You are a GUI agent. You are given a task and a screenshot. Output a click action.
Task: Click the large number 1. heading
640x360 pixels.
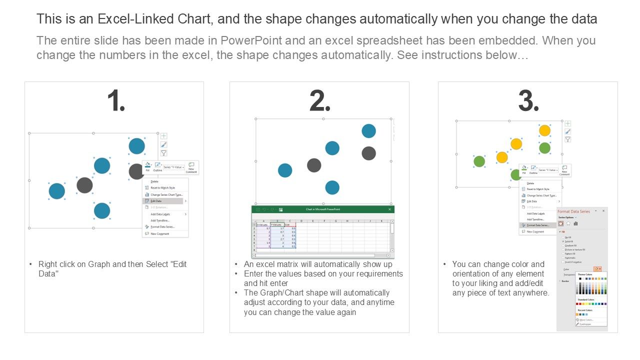(x=116, y=101)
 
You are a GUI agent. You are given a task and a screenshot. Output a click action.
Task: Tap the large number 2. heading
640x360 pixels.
(x=320, y=101)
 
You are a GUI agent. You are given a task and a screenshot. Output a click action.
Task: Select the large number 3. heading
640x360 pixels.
(x=528, y=101)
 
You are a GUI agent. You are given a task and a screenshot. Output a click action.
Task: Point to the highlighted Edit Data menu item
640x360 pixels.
(x=162, y=201)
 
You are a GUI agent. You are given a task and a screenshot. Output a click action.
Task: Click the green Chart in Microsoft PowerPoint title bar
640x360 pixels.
(x=322, y=209)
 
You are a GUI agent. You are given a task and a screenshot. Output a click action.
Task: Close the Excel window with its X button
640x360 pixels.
(x=390, y=209)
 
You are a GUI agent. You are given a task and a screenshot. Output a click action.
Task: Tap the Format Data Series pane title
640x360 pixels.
(x=573, y=211)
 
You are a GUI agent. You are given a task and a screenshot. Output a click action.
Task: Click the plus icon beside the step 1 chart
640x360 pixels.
(x=163, y=136)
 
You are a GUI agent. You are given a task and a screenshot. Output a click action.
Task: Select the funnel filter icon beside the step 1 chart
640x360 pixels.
(x=163, y=153)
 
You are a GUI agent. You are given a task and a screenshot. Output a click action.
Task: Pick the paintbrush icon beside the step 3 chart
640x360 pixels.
(x=567, y=131)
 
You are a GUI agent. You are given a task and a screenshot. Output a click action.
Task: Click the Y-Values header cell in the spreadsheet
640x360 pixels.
(x=276, y=225)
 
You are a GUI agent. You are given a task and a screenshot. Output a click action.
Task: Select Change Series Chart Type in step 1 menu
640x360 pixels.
(x=166, y=194)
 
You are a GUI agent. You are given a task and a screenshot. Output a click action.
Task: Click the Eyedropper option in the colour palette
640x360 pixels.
(x=586, y=324)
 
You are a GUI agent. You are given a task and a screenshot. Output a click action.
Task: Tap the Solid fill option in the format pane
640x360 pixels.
(x=568, y=241)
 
